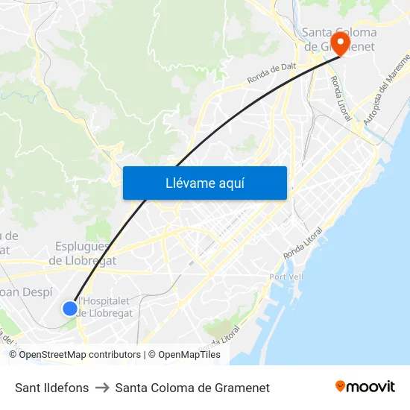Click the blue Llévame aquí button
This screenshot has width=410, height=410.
tap(204, 183)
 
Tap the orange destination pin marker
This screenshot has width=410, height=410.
tap(341, 42)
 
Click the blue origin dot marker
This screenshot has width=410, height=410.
tap(69, 308)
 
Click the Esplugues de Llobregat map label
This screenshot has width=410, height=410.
tap(82, 253)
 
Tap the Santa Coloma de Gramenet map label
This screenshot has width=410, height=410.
tap(339, 39)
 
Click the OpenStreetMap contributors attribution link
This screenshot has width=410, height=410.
tap(80, 355)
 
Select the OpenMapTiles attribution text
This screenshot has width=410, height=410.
tap(189, 355)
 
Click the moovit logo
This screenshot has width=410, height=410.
tap(365, 386)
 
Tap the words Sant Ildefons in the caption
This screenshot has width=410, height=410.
tap(52, 388)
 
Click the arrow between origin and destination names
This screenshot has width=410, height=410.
tap(102, 388)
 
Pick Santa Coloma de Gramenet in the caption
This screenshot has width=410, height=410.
tap(192, 388)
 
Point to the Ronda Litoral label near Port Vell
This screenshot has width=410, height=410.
tap(304, 244)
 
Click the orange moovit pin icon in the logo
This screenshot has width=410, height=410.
tap(341, 386)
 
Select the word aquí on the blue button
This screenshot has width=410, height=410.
tap(231, 183)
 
